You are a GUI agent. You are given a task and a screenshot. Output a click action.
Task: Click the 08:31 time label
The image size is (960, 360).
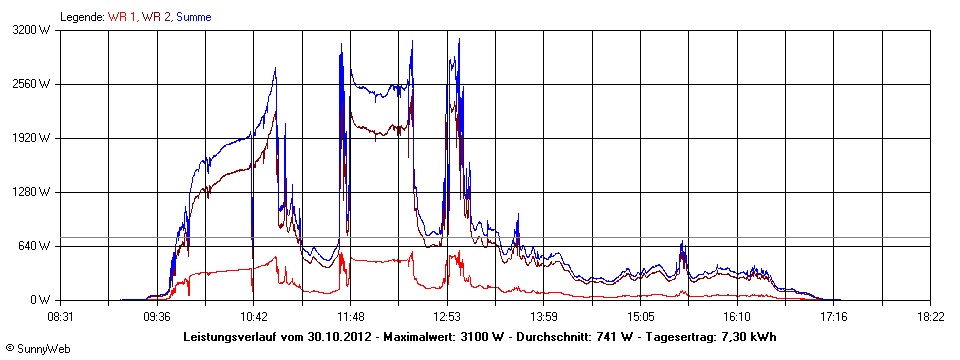[x=61, y=316]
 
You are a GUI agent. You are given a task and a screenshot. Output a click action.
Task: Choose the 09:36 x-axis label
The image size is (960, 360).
[x=156, y=316]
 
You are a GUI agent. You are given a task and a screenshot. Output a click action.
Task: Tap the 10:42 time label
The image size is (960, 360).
[x=253, y=316]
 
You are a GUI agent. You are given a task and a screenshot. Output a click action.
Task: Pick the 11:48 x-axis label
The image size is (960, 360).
[x=350, y=316]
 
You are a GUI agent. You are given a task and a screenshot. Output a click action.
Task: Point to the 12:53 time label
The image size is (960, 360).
[x=446, y=316]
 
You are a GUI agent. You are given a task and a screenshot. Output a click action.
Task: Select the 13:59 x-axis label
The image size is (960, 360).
[x=543, y=316]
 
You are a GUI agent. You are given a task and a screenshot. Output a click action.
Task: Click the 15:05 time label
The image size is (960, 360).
[x=640, y=316]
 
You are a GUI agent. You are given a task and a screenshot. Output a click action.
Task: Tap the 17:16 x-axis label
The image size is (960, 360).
[x=833, y=316]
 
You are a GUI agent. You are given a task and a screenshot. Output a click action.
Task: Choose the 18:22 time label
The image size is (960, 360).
[x=930, y=316]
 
